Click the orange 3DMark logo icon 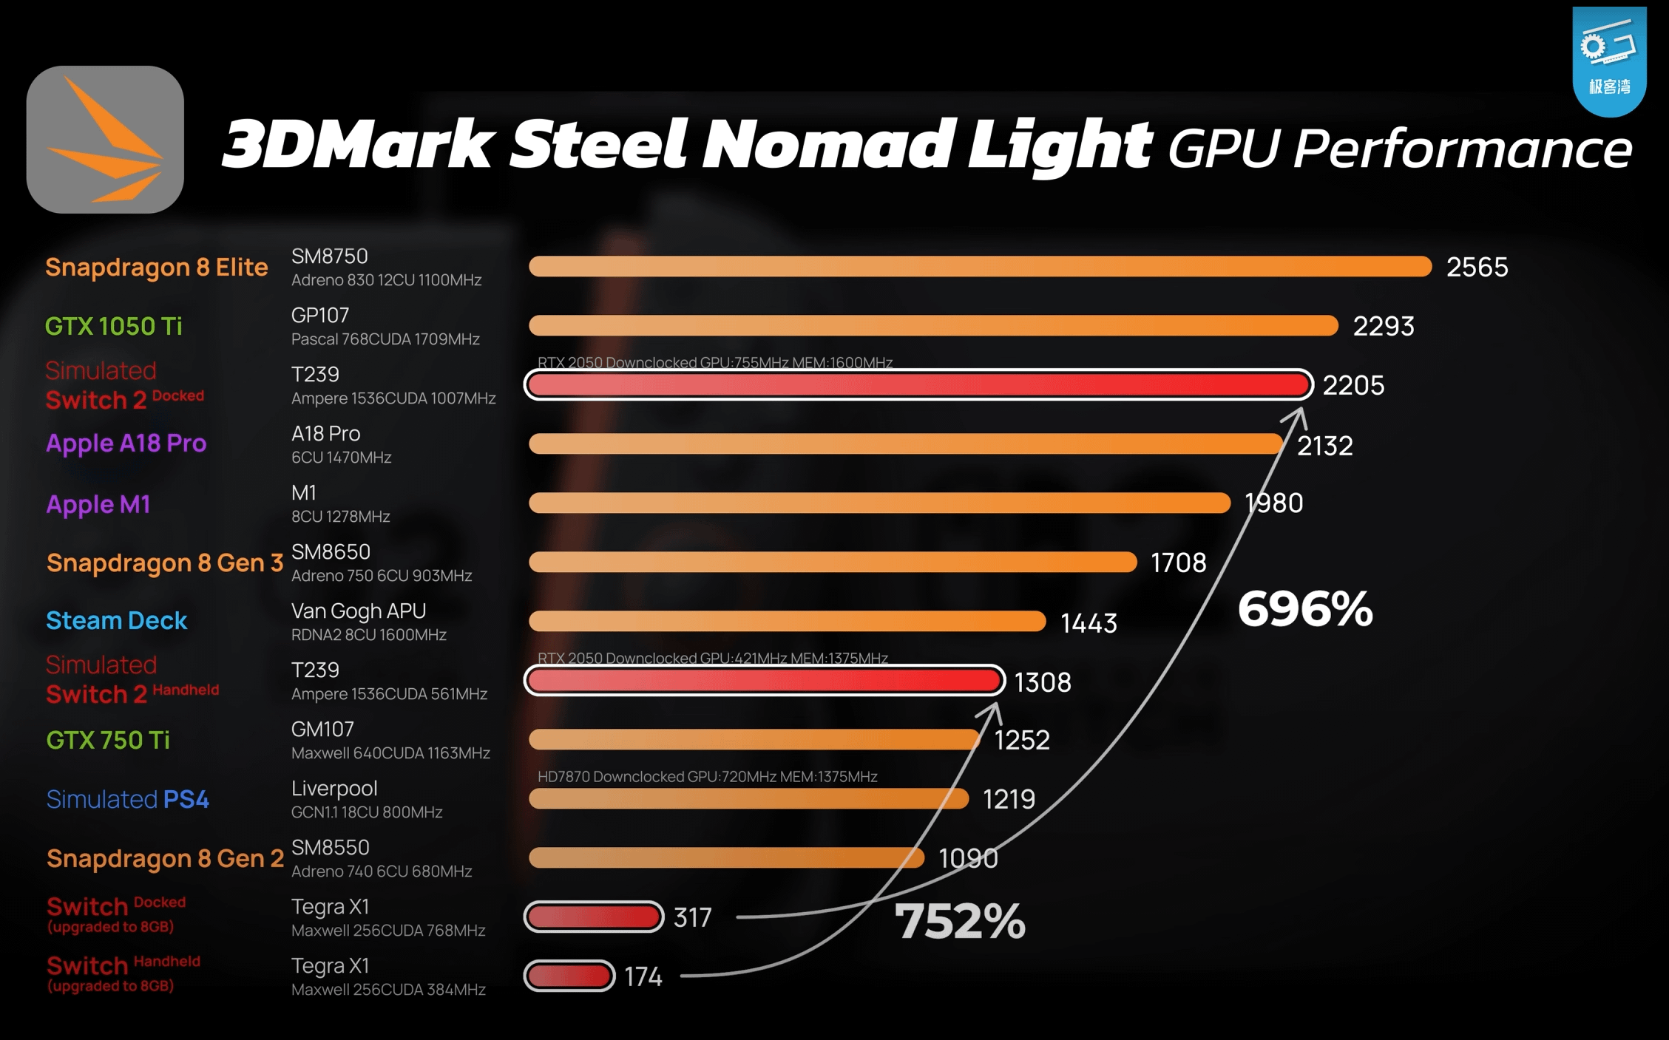coord(105,140)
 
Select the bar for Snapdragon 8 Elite coord(980,267)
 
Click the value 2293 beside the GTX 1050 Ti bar coord(1383,326)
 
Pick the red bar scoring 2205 coord(918,385)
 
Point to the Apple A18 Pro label coord(126,443)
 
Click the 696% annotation coord(1305,609)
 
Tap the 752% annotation coord(960,921)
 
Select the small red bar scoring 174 coord(569,976)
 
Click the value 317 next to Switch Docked coord(692,917)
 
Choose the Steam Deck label coord(116,621)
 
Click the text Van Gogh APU coord(359,611)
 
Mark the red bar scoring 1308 coord(764,681)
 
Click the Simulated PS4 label coord(127,799)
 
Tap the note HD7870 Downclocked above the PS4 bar coord(707,776)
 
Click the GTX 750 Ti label coord(108,740)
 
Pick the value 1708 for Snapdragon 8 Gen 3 coord(1178,563)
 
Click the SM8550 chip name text coord(330,848)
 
